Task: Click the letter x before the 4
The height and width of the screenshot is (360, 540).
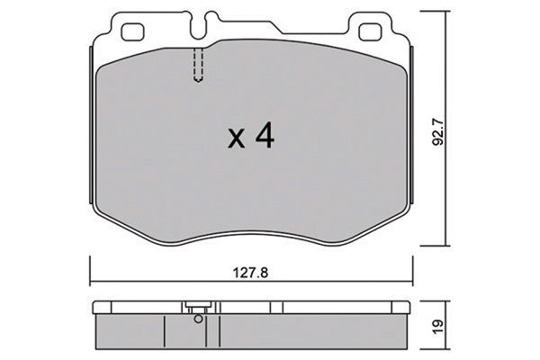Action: point(235,139)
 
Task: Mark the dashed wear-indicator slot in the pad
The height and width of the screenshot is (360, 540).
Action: point(198,66)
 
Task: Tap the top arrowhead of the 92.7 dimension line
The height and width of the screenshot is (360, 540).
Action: point(449,13)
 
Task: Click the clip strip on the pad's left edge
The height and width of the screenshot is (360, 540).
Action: point(91,126)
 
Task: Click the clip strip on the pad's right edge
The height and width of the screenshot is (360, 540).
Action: point(415,126)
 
